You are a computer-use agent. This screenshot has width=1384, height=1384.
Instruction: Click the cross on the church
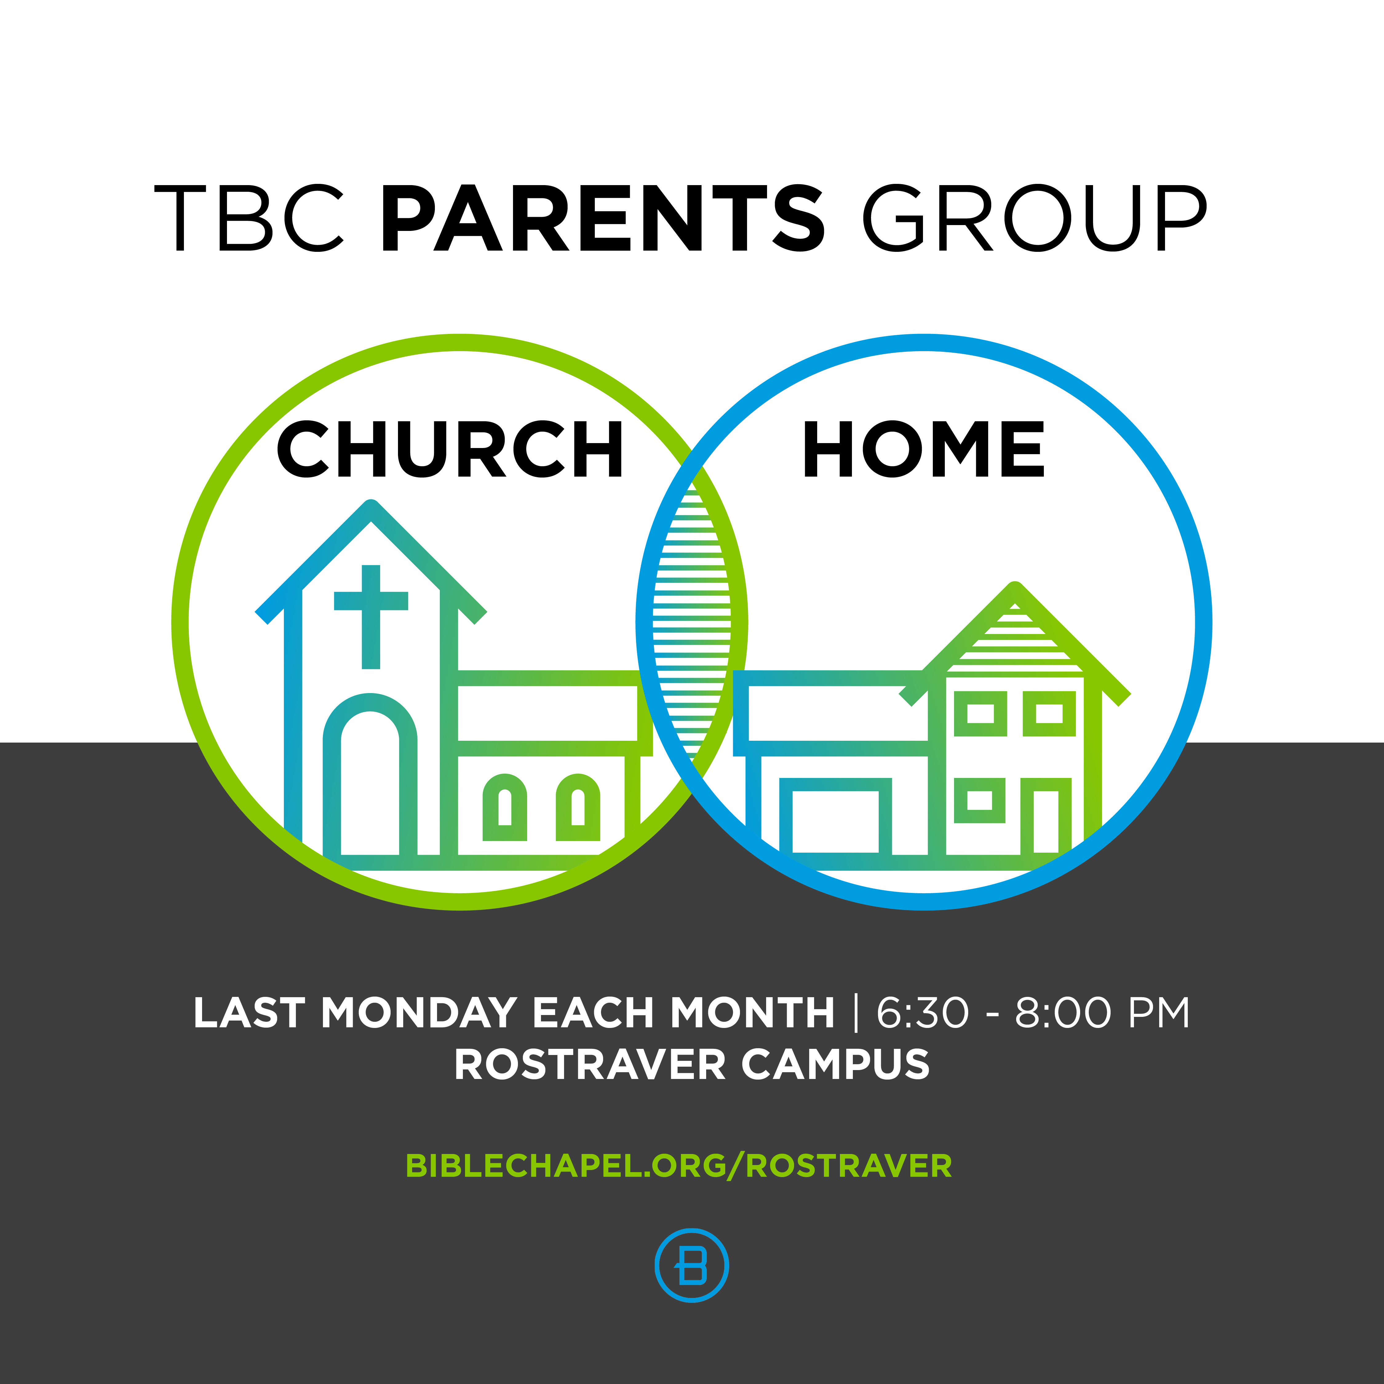(x=371, y=617)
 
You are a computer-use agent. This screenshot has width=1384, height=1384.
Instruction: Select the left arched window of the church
(x=505, y=807)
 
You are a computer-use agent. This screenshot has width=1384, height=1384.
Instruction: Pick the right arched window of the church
(x=578, y=807)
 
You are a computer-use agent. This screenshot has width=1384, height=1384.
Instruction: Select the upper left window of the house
(x=981, y=713)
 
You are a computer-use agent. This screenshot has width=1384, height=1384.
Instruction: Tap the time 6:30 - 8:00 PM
(x=1032, y=1013)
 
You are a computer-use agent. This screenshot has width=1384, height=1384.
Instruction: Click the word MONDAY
(x=418, y=1013)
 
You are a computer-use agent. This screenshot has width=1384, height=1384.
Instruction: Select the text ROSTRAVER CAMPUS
(x=692, y=1065)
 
